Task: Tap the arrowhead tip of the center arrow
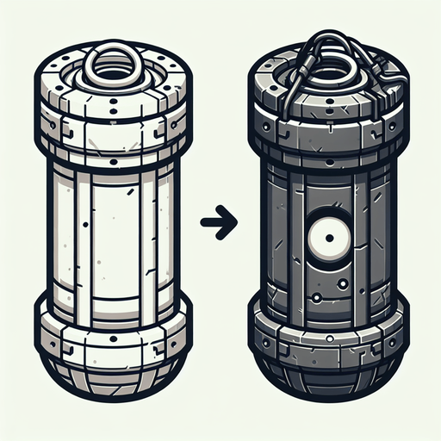(x=232, y=222)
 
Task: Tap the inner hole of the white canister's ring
(x=111, y=65)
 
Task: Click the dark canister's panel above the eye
(x=327, y=185)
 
